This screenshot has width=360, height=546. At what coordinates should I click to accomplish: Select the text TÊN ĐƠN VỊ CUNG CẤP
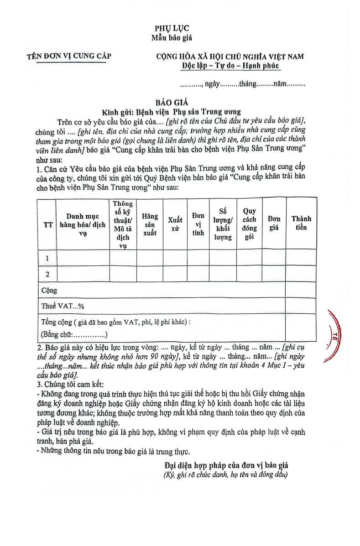pyautogui.click(x=69, y=57)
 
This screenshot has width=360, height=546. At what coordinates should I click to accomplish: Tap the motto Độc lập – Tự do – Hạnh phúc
pyautogui.click(x=230, y=66)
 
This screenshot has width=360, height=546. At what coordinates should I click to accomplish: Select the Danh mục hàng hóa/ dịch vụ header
pyautogui.click(x=83, y=224)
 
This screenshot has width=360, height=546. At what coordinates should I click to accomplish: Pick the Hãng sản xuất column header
pyautogui.click(x=150, y=224)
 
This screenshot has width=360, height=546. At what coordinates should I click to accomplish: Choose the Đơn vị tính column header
pyautogui.click(x=198, y=224)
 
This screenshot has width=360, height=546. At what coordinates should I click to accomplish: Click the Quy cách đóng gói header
pyautogui.click(x=249, y=224)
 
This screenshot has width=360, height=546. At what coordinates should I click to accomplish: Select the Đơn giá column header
pyautogui.click(x=274, y=224)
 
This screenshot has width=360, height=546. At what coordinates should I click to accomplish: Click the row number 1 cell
pyautogui.click(x=47, y=258)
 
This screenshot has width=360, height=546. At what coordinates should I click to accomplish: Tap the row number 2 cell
pyautogui.click(x=47, y=274)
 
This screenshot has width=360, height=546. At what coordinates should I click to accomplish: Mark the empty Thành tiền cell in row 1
pyautogui.click(x=301, y=258)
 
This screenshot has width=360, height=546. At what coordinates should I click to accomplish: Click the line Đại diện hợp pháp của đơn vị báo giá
pyautogui.click(x=226, y=466)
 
